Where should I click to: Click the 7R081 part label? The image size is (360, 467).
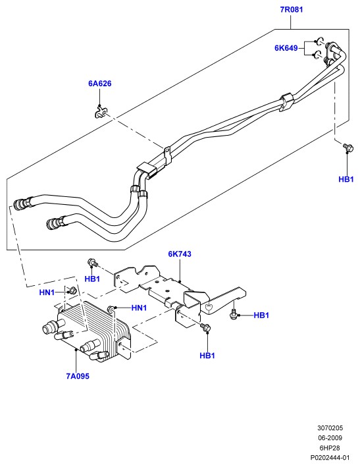tap(292, 9)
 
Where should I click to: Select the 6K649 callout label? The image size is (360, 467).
tap(286, 48)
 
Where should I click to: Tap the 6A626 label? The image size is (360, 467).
tap(99, 84)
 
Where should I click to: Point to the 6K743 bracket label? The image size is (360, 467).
tap(180, 254)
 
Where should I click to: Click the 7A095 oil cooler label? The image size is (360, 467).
tap(78, 376)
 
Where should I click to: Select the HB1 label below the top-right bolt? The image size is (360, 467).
tap(346, 179)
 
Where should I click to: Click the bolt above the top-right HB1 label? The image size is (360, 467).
tap(347, 147)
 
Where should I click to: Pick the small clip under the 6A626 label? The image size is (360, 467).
tap(101, 112)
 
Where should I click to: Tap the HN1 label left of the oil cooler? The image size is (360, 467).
tap(47, 292)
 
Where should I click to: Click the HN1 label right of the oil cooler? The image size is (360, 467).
tap(140, 308)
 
